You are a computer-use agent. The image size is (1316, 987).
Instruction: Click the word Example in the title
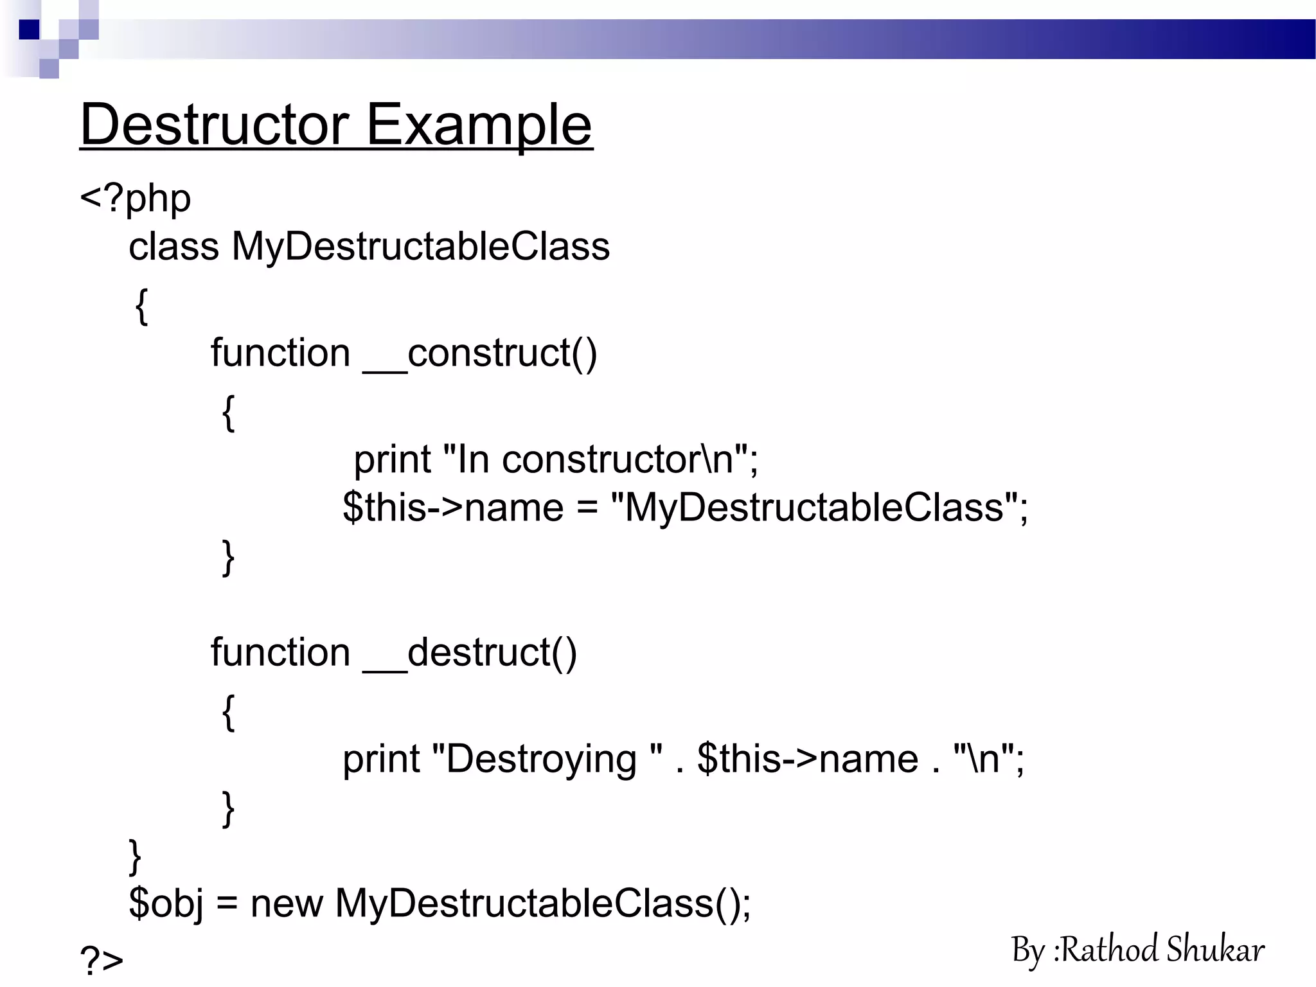click(479, 125)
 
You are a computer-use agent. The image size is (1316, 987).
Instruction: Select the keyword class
click(173, 246)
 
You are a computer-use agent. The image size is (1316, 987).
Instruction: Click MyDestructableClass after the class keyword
click(420, 246)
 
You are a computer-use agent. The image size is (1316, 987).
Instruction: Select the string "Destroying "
click(547, 759)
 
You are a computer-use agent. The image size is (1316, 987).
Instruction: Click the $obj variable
click(166, 903)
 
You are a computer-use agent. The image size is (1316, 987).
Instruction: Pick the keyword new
click(286, 903)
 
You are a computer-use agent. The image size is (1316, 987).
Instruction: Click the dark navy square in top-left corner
click(29, 30)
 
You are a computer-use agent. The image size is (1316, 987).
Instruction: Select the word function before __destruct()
click(280, 653)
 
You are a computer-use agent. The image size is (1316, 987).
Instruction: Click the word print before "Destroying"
click(380, 759)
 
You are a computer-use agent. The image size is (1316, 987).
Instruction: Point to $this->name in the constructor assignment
click(453, 508)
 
